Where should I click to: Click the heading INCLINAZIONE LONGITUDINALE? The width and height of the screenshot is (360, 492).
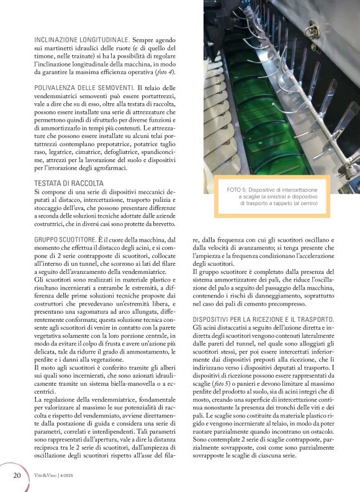click(x=78, y=39)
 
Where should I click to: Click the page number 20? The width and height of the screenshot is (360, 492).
click(x=17, y=475)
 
